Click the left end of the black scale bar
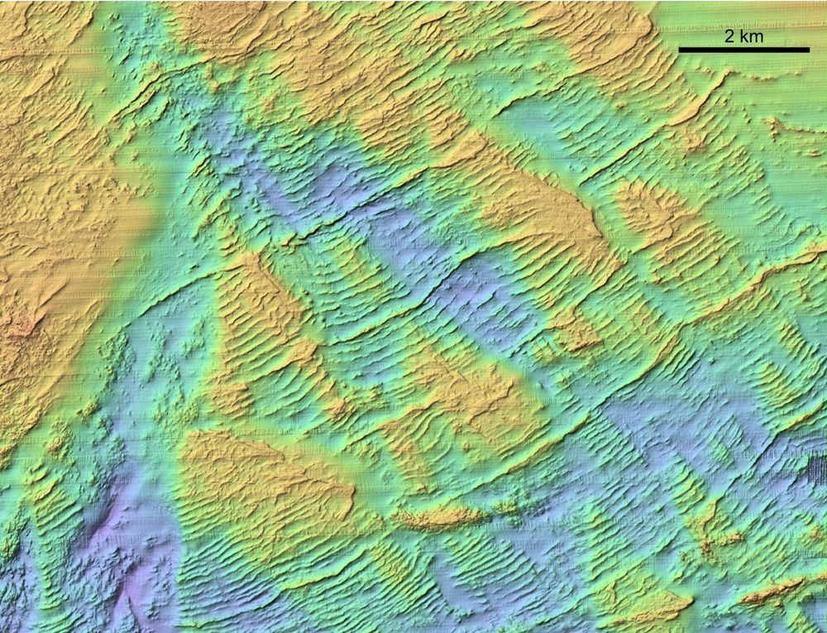680,50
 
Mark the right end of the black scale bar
809,50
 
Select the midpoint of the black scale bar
744,50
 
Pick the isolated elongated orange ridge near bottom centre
438,517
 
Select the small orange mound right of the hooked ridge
777,128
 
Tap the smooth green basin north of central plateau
538,124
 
